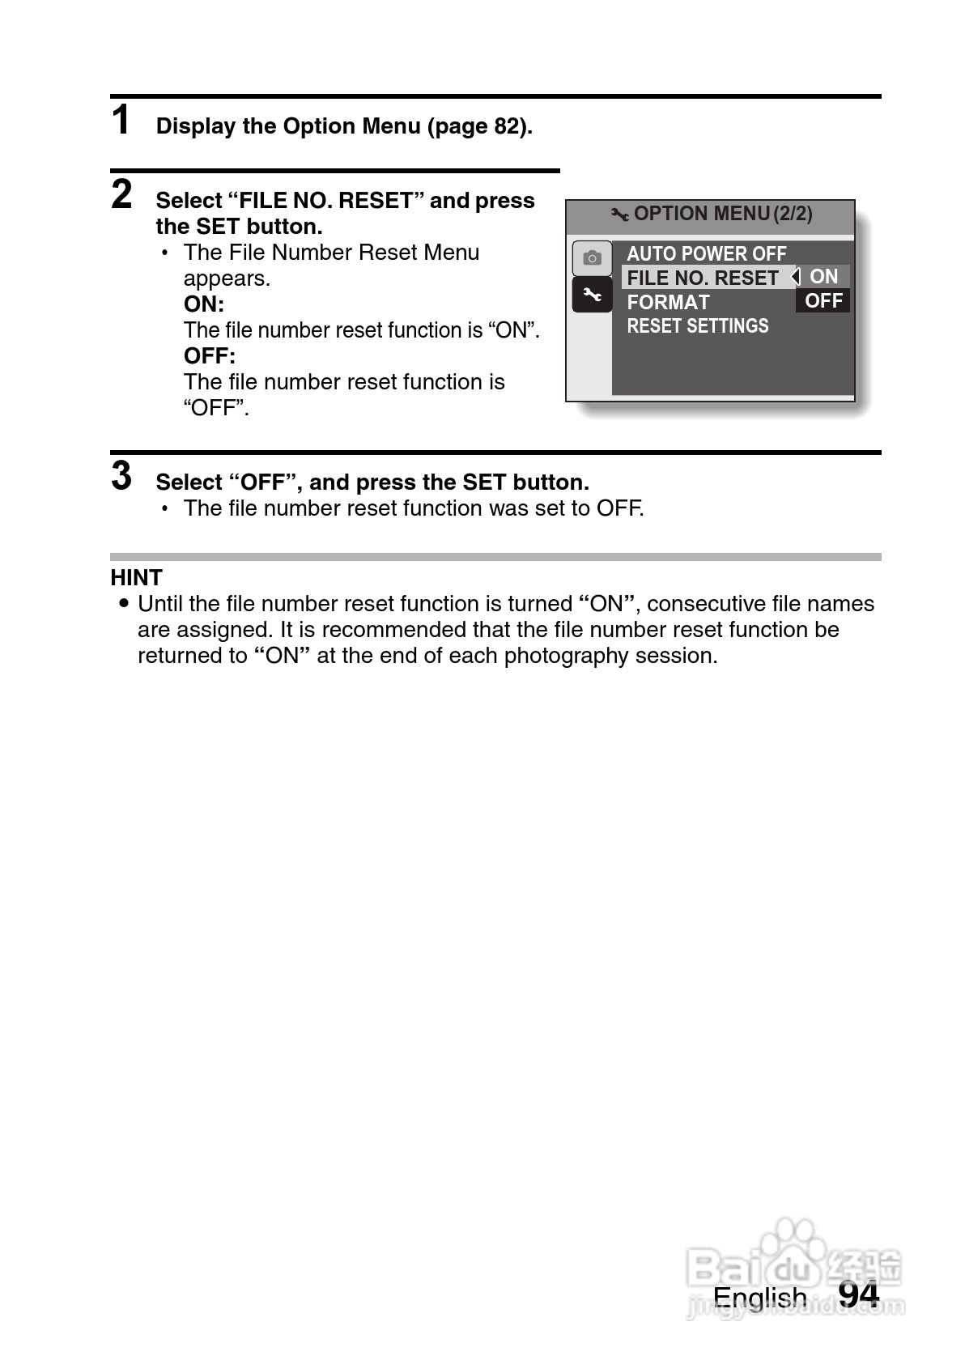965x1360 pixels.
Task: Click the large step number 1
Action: pyautogui.click(x=121, y=121)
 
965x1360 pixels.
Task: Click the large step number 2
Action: pyautogui.click(x=121, y=195)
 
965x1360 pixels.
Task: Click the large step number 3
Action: pyautogui.click(x=121, y=476)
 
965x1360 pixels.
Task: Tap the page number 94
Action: pyautogui.click(x=858, y=1294)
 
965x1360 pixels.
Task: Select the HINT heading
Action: pyautogui.click(x=137, y=577)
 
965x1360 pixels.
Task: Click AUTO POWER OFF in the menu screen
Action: pyautogui.click(x=706, y=253)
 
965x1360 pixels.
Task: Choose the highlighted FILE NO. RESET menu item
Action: pyautogui.click(x=703, y=278)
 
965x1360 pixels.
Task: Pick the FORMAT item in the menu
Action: pyautogui.click(x=668, y=302)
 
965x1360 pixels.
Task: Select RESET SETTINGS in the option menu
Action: pyautogui.click(x=698, y=325)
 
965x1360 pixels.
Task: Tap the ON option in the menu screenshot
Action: pyautogui.click(x=824, y=276)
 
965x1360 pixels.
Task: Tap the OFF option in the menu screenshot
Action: pyautogui.click(x=824, y=300)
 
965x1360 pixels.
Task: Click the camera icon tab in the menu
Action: pyautogui.click(x=592, y=258)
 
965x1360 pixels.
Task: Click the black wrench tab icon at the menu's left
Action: pyautogui.click(x=592, y=295)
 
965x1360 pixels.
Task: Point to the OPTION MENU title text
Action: pyautogui.click(x=701, y=214)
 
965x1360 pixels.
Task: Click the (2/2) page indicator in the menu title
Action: pyautogui.click(x=793, y=214)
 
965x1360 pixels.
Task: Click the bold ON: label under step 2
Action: pyautogui.click(x=204, y=304)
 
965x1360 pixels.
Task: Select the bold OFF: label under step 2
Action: pyautogui.click(x=210, y=356)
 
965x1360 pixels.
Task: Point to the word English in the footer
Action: pyautogui.click(x=759, y=1298)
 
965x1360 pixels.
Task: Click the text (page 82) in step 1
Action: pyautogui.click(x=479, y=126)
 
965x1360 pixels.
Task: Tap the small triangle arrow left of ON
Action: pyautogui.click(x=797, y=276)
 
